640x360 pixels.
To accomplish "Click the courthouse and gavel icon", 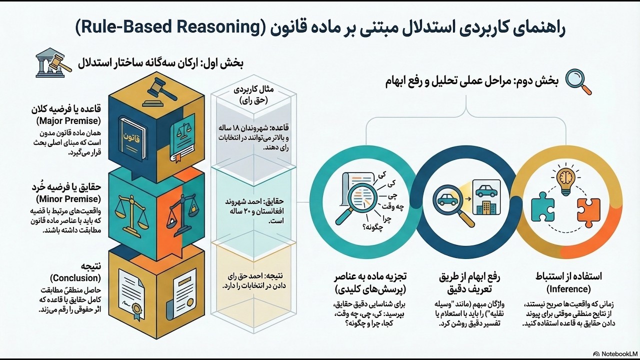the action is click(53, 62).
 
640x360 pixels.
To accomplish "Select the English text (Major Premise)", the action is click(68, 121).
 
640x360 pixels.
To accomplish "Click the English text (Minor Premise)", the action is click(68, 199).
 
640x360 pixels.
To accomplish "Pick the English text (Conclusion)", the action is click(75, 278).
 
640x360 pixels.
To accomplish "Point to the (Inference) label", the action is click(568, 289).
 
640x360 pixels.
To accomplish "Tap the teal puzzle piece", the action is click(543, 207).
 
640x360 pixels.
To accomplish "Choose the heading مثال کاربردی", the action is click(253, 89).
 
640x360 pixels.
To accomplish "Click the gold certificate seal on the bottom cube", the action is click(137, 310).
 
